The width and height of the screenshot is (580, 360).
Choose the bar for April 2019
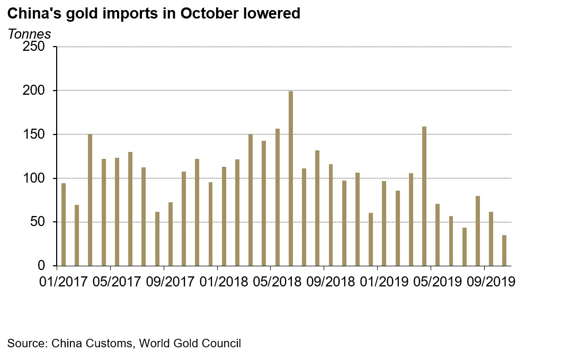pyautogui.click(x=424, y=196)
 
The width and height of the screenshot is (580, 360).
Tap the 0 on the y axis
pyautogui.click(x=47, y=266)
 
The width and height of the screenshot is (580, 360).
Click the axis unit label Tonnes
pyautogui.click(x=29, y=34)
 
